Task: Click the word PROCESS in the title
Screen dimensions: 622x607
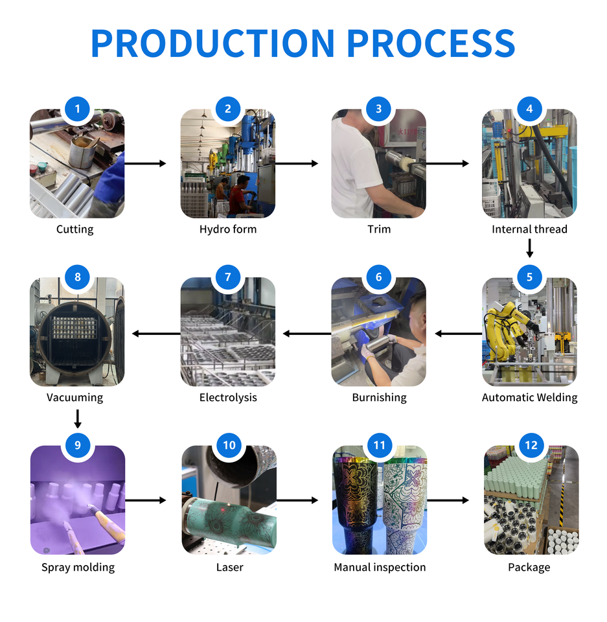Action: coord(431,43)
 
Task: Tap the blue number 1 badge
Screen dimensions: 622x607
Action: coord(78,109)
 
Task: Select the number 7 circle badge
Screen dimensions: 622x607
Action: coord(228,277)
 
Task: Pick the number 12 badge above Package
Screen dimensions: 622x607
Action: coord(531,446)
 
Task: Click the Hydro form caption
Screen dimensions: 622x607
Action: coord(228,229)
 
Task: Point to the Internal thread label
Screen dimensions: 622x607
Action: coord(529,229)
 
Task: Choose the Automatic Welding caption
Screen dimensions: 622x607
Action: coord(529,398)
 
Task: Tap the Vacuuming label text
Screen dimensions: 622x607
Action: coord(75,398)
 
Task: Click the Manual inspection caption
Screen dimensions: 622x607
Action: coord(380,568)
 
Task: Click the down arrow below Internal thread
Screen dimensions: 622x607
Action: coord(530,248)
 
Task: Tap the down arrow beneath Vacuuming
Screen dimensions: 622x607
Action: coord(78,418)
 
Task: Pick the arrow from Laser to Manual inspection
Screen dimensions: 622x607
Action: coord(297,500)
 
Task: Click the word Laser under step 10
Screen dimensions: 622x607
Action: coord(229,568)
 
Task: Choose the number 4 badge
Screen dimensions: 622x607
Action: coord(529,109)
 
